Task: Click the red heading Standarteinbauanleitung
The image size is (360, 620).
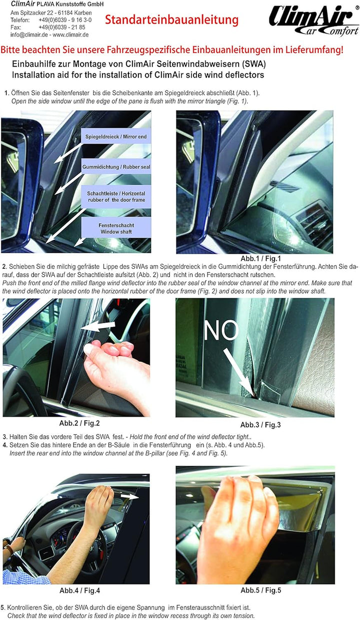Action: pyautogui.click(x=171, y=21)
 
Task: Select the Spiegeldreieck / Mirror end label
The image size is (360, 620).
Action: pyautogui.click(x=115, y=137)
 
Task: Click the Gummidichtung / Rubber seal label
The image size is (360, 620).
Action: pyautogui.click(x=115, y=167)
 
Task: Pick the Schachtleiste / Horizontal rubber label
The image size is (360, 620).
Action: pyautogui.click(x=115, y=197)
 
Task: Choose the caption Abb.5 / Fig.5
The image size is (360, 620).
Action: pyautogui.click(x=260, y=590)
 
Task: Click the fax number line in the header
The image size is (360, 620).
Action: pyautogui.click(x=47, y=28)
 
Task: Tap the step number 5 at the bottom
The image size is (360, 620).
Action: pyautogui.click(x=3, y=607)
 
